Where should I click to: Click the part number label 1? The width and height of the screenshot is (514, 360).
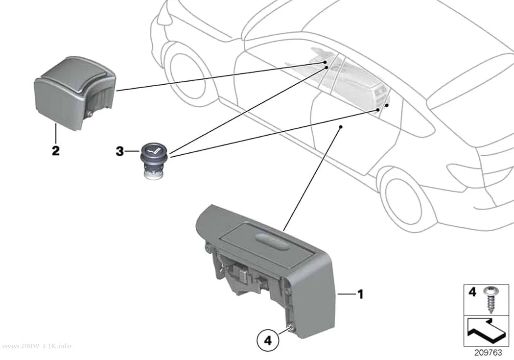pos(360,294)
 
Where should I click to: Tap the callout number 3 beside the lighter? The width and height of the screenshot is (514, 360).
pos(120,151)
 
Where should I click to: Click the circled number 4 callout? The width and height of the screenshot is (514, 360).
pos(268,341)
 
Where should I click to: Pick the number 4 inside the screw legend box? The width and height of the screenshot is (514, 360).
pos(472,291)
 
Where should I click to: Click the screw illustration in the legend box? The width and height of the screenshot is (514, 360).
pos(491,300)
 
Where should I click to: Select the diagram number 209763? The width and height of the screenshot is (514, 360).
pos(488,353)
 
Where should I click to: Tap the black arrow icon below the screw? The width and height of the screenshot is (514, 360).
pos(485,332)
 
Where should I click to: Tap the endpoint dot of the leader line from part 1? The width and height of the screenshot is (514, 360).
pos(341,126)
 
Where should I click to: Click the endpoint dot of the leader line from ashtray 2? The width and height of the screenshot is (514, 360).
pos(325,62)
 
